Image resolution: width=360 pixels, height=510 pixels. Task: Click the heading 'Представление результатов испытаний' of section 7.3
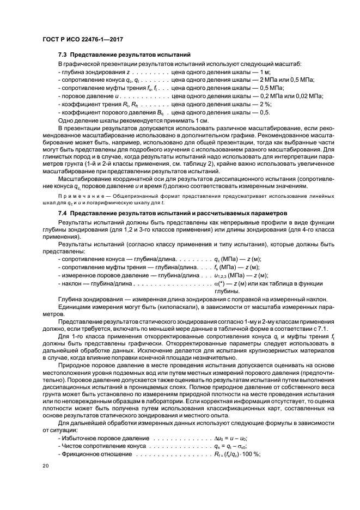(x=131, y=55)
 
